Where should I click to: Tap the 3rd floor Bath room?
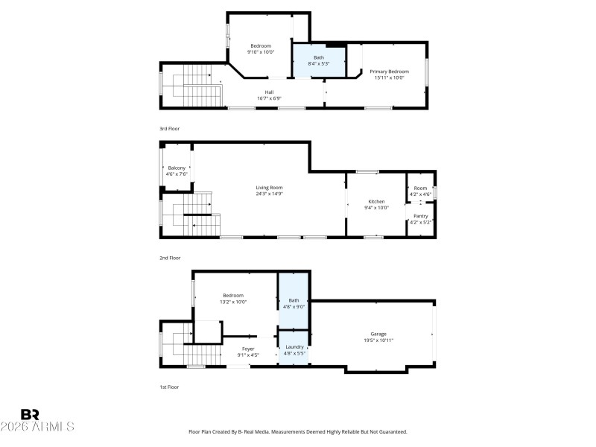pos(318,60)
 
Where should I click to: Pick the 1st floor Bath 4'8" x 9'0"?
pos(294,302)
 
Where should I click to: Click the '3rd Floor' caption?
pos(169,129)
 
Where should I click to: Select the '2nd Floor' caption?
pos(170,258)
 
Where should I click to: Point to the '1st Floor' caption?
pos(169,387)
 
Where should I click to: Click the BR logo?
pos(30,414)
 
